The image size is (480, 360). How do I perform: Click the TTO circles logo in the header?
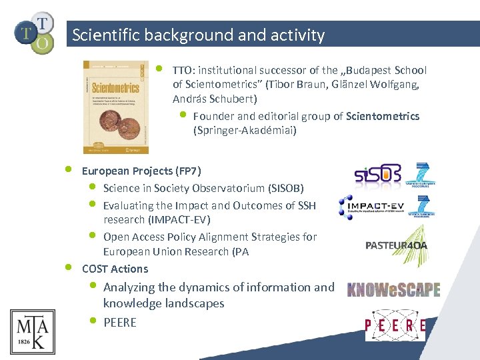(x=33, y=32)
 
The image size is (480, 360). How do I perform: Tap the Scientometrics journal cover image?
(x=116, y=107)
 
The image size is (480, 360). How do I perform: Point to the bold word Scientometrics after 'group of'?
(x=383, y=116)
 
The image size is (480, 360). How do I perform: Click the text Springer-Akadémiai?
(x=245, y=131)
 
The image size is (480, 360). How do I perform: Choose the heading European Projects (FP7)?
(x=141, y=171)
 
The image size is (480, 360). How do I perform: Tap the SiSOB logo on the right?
(x=377, y=175)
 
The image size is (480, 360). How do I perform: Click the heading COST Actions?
(x=115, y=269)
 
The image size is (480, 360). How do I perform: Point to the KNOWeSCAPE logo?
(x=393, y=289)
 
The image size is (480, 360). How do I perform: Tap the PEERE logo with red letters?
(x=395, y=325)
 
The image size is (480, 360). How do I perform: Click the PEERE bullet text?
(x=120, y=323)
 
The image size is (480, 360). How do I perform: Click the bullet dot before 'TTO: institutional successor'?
(x=159, y=68)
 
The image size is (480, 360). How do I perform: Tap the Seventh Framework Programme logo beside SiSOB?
(x=422, y=174)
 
